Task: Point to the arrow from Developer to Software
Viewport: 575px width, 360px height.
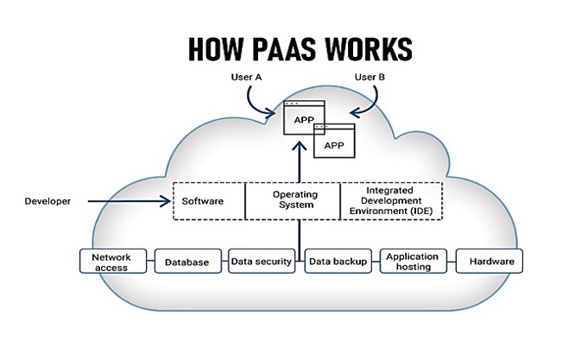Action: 130,202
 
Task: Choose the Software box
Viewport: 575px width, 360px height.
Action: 208,201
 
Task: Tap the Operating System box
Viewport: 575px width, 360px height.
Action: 294,200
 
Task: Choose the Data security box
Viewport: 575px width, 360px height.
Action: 261,262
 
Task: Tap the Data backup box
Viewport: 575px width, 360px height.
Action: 338,262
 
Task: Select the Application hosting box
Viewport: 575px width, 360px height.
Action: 412,262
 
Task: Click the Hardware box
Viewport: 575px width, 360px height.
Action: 490,262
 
